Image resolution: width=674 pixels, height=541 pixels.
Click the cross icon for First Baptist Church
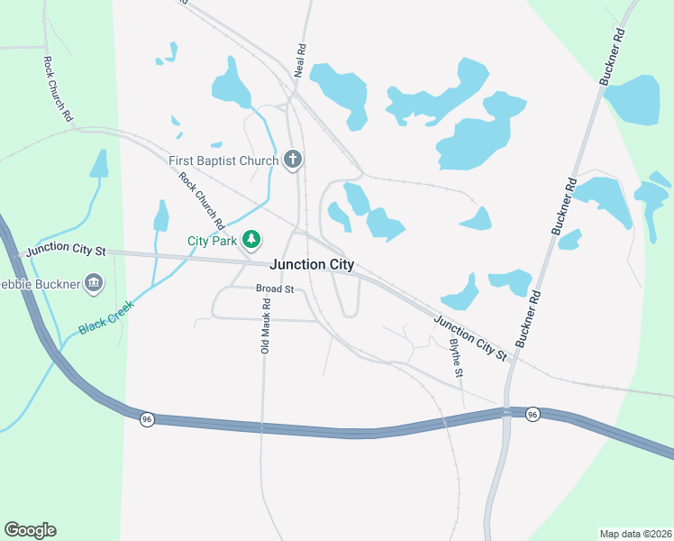pyautogui.click(x=292, y=160)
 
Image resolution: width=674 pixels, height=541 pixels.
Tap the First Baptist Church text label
pyautogui.click(x=223, y=161)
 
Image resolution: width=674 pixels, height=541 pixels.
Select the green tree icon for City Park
pyautogui.click(x=254, y=240)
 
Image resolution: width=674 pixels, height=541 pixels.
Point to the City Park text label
pyautogui.click(x=212, y=241)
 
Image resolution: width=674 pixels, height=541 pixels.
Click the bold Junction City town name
pyautogui.click(x=312, y=265)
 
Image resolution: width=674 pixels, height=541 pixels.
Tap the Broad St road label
pyautogui.click(x=275, y=289)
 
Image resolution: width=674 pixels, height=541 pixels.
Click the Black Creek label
pyautogui.click(x=106, y=317)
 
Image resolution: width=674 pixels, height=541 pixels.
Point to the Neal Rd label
pyautogui.click(x=301, y=61)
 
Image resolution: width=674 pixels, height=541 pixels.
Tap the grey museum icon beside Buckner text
pyautogui.click(x=94, y=286)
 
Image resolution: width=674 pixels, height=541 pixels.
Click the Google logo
pyautogui.click(x=30, y=530)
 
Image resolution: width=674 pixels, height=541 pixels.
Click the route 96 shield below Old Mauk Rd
pyautogui.click(x=147, y=419)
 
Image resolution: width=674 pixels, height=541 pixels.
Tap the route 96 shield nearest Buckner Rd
pyautogui.click(x=533, y=414)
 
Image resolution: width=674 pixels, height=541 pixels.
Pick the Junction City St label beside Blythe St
pyautogui.click(x=469, y=338)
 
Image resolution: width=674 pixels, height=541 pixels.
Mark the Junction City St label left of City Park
pyautogui.click(x=67, y=250)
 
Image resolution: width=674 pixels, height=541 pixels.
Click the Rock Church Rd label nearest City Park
pyautogui.click(x=201, y=199)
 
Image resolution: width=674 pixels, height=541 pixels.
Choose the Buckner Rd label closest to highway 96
pyautogui.click(x=528, y=319)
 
